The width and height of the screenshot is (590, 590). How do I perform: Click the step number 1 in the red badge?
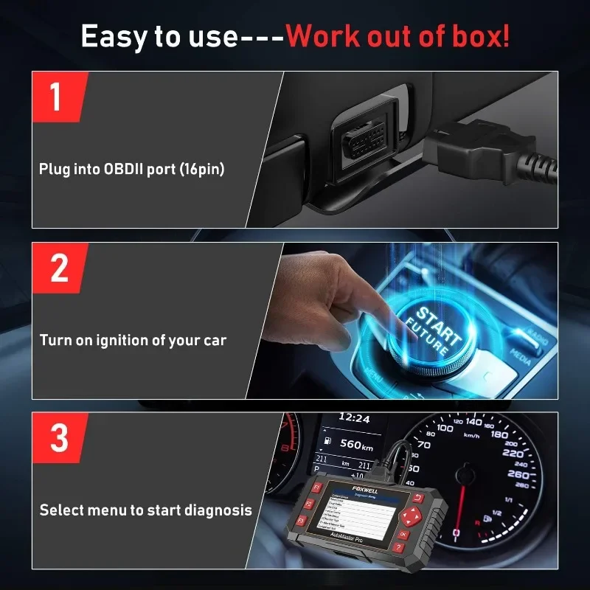click(58, 98)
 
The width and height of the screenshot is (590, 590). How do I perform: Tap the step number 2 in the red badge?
click(59, 269)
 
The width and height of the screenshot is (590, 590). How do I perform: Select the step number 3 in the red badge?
click(59, 439)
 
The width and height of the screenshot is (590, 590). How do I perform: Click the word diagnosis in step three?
click(218, 510)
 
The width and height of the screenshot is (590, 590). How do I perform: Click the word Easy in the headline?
click(111, 36)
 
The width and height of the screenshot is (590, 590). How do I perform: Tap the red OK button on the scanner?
click(403, 533)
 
